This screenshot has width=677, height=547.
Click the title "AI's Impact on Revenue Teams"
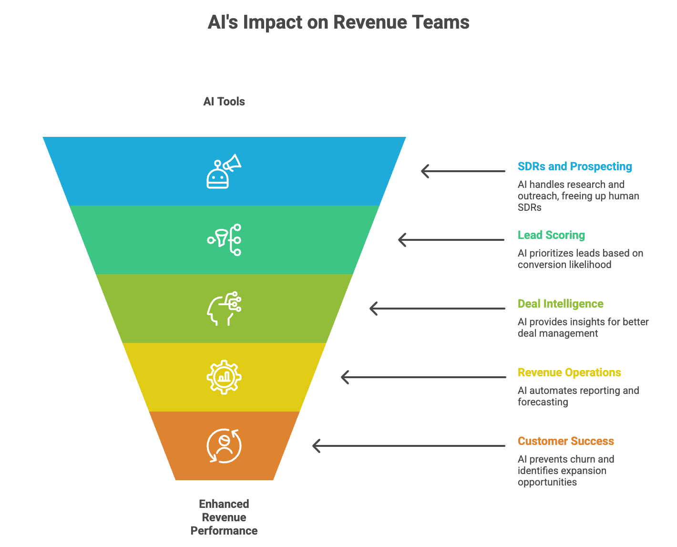338,22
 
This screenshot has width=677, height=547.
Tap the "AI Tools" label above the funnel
224,102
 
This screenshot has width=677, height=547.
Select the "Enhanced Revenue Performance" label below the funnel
224,517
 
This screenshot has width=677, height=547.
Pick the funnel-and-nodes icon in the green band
224,240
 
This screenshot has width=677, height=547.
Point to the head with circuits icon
224,309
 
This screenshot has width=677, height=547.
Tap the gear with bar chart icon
224,377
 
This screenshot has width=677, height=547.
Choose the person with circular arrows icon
224,446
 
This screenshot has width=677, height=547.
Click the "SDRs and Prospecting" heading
574,166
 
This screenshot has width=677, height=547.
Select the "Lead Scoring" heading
551,235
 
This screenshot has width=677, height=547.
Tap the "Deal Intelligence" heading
560,304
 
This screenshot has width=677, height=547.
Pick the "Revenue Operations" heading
569,372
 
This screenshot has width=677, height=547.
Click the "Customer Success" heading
565,441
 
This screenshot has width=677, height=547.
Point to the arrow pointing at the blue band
462,171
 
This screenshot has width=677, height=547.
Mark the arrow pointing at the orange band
409,446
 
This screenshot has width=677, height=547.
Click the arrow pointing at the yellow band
423,377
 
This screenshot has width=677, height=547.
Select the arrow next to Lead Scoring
451,240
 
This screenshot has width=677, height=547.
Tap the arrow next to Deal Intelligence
437,309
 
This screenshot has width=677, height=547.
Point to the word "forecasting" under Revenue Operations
543,402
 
